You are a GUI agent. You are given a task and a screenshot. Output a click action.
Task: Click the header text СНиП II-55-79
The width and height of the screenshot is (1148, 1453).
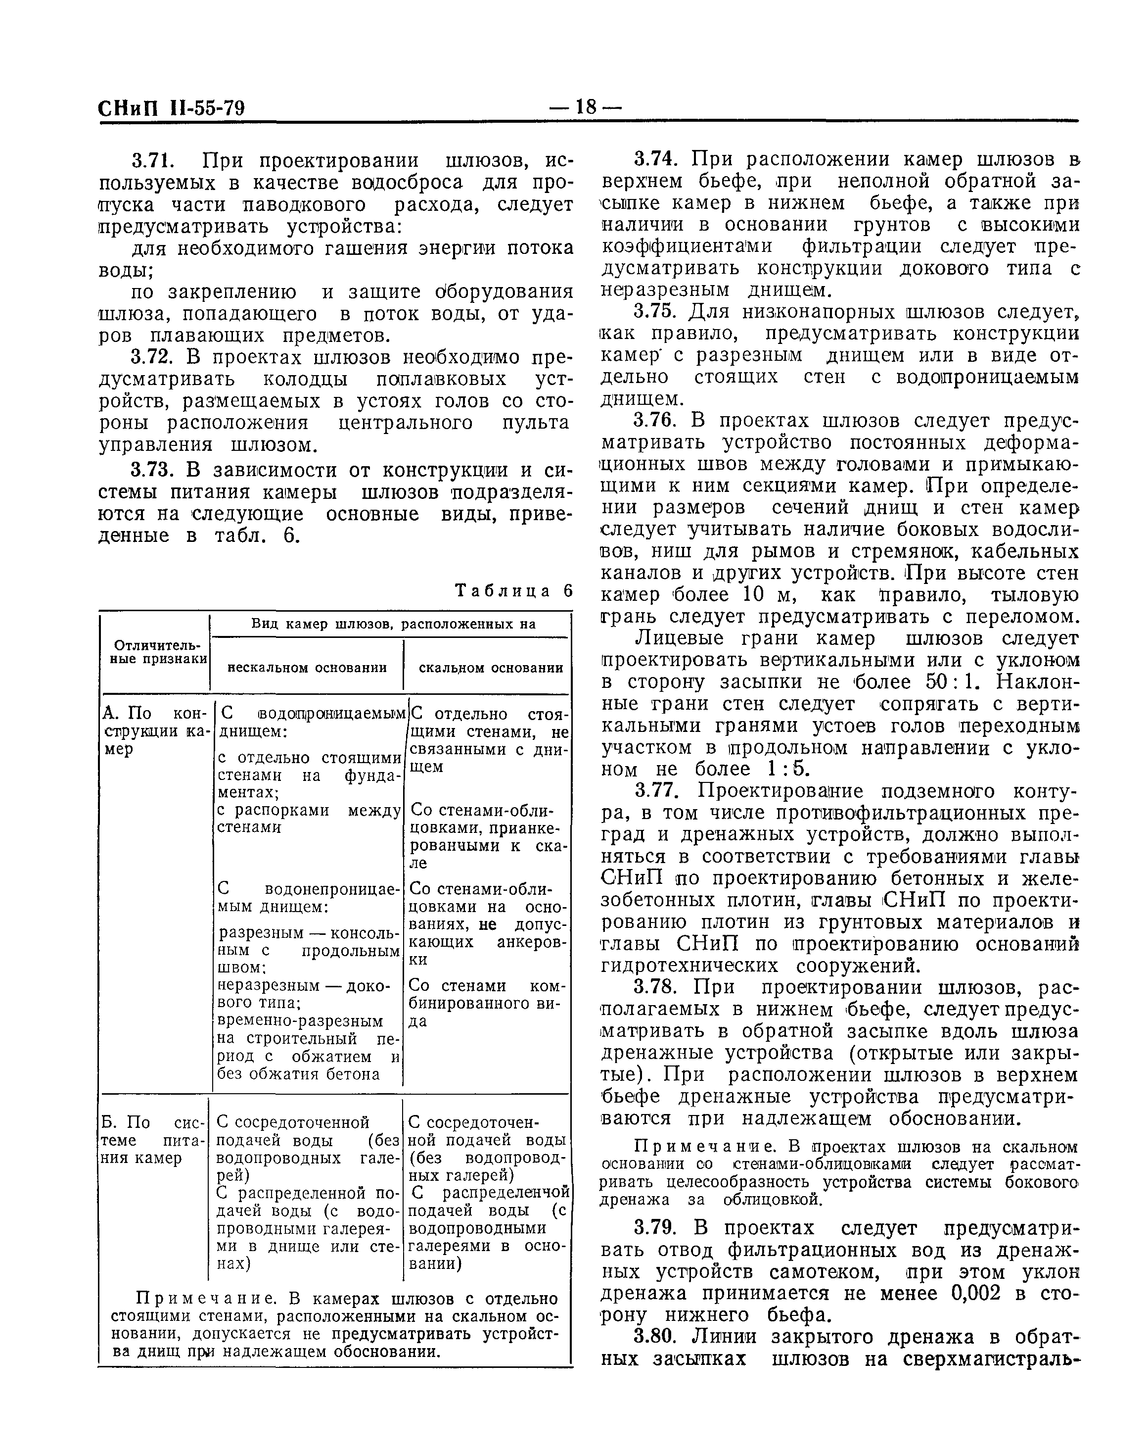pyautogui.click(x=172, y=108)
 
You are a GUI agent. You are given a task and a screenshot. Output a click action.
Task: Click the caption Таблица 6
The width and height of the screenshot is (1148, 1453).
pyautogui.click(x=514, y=590)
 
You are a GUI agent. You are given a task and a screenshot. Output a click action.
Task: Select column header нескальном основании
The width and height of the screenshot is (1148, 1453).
pyautogui.click(x=307, y=668)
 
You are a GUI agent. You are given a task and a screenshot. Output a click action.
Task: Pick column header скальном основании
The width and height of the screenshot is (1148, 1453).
pyautogui.click(x=491, y=668)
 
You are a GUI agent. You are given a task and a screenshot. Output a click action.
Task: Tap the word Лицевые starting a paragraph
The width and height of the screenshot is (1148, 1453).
pyautogui.click(x=680, y=638)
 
